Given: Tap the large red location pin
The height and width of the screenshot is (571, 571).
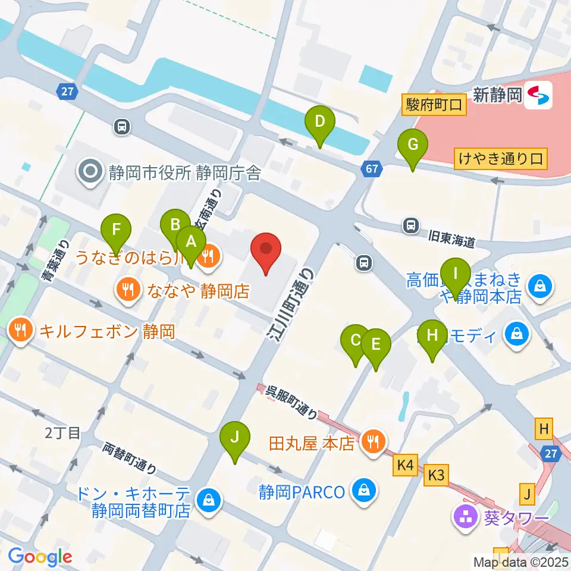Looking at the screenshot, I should coord(266,251).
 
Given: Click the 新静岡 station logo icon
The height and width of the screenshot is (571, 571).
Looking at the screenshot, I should coord(538,95).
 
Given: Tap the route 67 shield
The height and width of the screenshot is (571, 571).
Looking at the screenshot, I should coord(371,170).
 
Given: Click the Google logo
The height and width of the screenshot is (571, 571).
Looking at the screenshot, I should coord(40,557).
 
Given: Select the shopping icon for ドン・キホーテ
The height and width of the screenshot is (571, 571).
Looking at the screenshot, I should coord(209,501).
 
